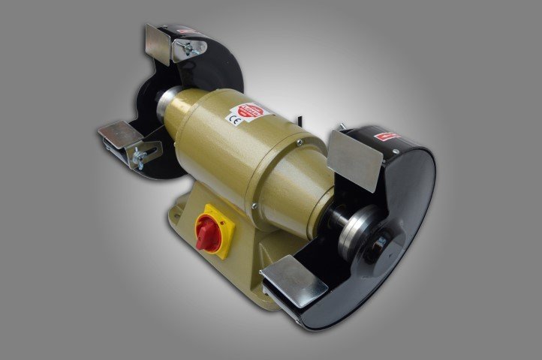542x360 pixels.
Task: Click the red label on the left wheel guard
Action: click(188, 32)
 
